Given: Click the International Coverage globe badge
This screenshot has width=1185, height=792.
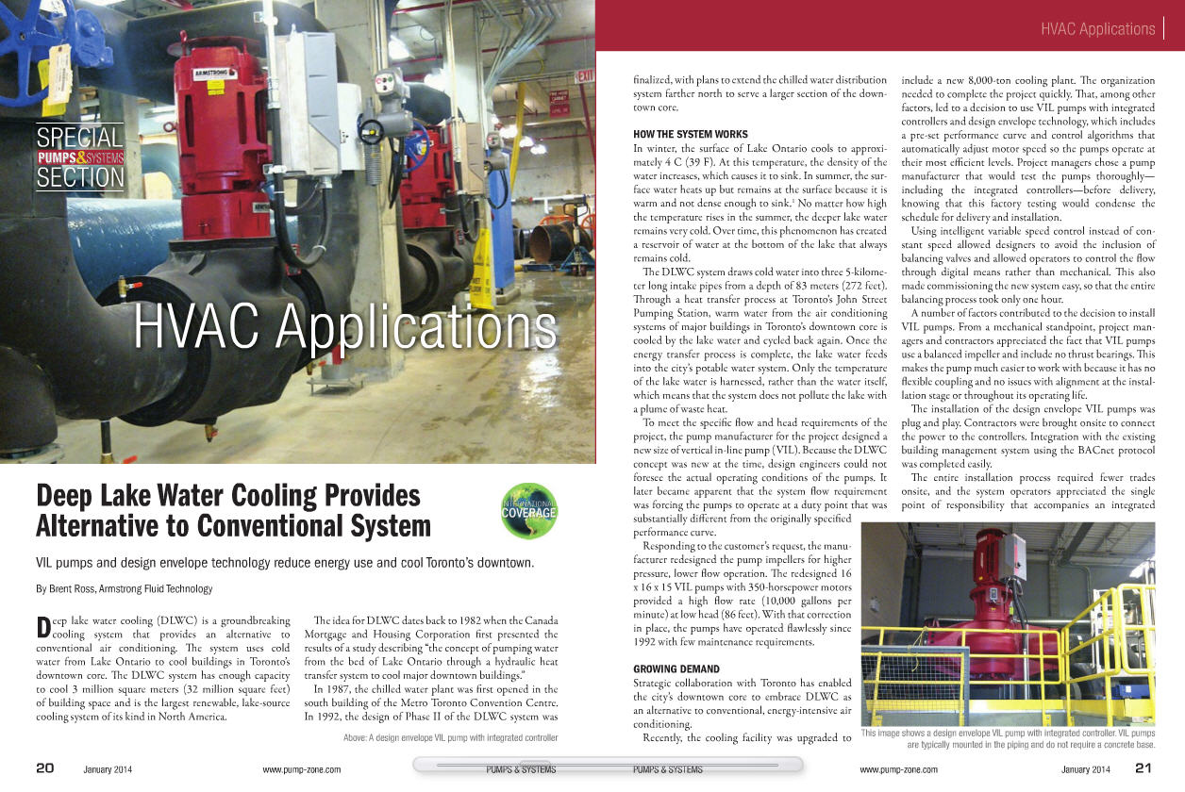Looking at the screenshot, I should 528,510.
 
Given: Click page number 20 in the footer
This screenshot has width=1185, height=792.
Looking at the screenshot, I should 44,768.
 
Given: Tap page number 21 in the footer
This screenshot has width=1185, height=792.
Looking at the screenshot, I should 1143,768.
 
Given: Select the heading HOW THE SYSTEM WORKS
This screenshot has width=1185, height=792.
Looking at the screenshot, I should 690,134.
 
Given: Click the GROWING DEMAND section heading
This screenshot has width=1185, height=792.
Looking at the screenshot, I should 676,669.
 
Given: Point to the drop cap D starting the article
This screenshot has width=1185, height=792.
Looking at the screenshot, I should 42,628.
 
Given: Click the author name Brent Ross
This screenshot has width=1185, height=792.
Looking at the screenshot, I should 75,589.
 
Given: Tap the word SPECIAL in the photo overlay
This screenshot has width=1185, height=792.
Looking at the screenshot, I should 80,138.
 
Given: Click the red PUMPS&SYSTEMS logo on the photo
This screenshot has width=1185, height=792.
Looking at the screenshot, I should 80,157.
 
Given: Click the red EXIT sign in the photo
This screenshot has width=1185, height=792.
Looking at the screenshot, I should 585,76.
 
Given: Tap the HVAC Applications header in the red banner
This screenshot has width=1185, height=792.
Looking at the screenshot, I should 1097,29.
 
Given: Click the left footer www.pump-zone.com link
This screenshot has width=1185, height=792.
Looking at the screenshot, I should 301,769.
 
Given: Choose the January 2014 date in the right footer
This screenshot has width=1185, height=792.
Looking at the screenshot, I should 1087,769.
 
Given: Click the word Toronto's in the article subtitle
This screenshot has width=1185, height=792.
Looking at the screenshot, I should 437,564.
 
